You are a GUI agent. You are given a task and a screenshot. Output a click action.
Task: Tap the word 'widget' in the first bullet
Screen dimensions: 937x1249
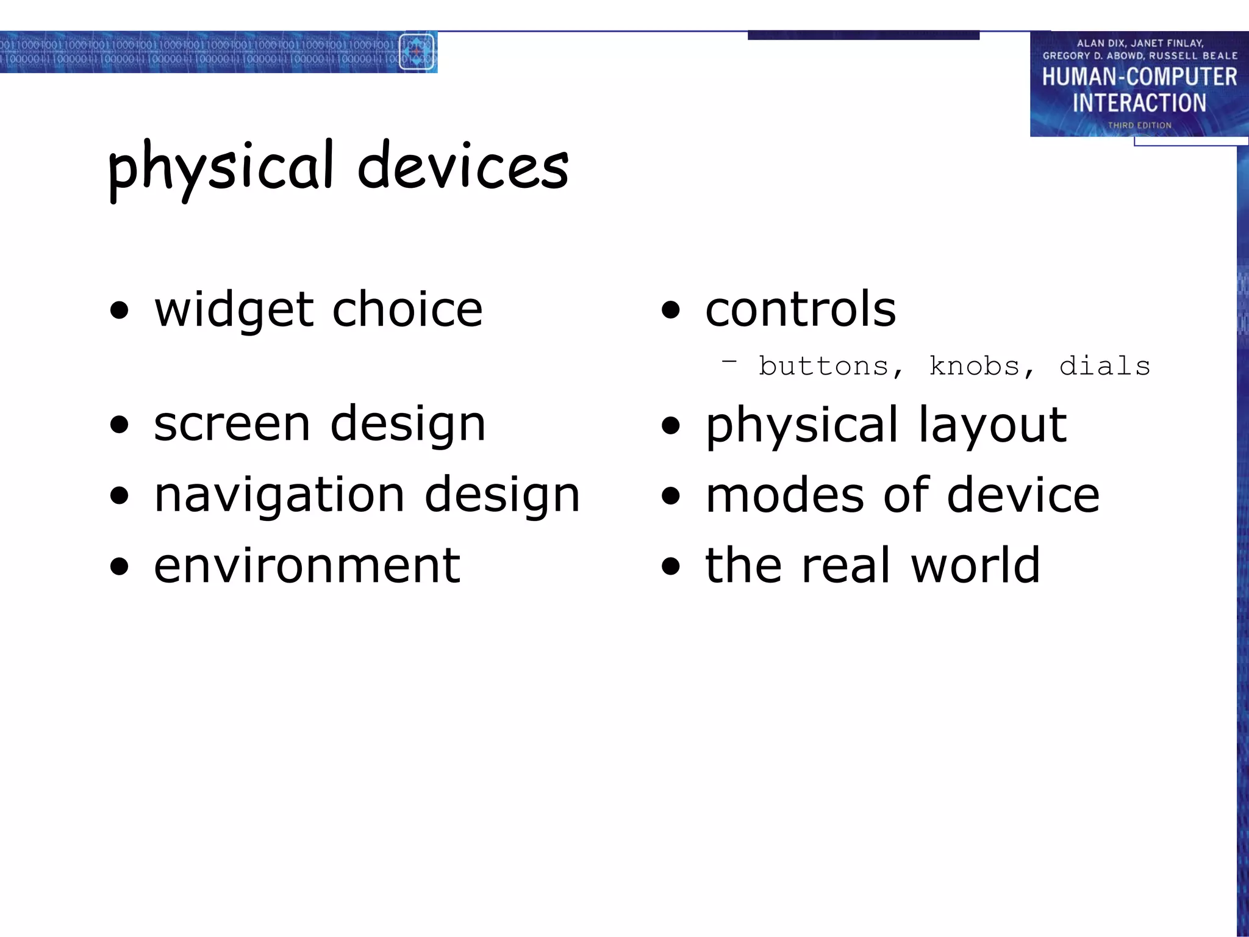click(234, 310)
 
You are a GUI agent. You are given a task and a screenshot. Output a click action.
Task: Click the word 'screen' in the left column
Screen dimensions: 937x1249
click(232, 425)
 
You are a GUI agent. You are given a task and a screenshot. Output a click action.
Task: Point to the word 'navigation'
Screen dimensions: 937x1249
click(279, 495)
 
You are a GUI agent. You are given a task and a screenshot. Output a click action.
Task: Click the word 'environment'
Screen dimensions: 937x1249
click(307, 566)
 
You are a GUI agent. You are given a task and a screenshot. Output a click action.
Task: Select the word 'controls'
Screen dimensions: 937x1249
click(800, 309)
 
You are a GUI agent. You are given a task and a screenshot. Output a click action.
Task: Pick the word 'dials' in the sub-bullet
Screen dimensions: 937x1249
click(1104, 366)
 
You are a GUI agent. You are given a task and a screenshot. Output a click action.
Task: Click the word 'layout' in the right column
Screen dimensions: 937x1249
click(992, 426)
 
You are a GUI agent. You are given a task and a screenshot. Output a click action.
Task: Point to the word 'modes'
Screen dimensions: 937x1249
click(785, 495)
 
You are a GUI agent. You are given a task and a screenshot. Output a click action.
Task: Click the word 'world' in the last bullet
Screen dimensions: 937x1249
click(975, 566)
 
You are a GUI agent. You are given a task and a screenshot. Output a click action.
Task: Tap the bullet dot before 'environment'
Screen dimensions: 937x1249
click(120, 566)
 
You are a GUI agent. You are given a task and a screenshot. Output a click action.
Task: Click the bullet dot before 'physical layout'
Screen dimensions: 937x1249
click(670, 425)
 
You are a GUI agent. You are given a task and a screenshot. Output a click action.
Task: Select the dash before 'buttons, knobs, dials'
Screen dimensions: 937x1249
click(729, 362)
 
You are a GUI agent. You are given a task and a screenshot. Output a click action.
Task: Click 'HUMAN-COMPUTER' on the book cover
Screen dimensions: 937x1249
click(1139, 77)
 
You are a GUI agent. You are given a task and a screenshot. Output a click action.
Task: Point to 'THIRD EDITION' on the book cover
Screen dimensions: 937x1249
click(1139, 125)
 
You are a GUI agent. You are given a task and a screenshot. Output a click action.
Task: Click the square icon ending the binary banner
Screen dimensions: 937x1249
click(417, 52)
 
